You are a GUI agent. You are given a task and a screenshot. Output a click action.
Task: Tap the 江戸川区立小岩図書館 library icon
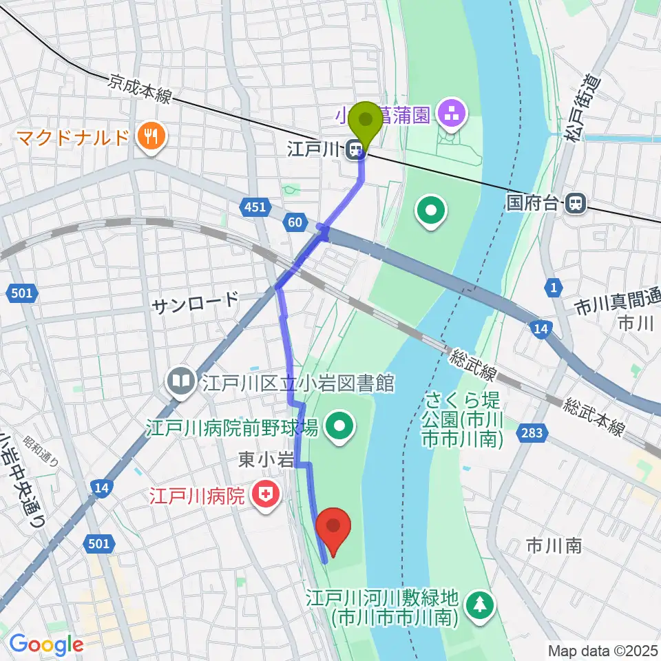(x=181, y=380)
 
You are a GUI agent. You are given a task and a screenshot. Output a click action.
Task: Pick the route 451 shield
(x=253, y=207)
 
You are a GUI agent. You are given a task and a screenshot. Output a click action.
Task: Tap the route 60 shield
(x=294, y=221)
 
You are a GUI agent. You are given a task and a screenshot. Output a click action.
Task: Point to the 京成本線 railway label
(x=139, y=90)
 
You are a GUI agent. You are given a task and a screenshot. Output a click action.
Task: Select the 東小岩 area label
(x=258, y=460)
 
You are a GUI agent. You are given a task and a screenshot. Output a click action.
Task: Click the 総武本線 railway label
(x=594, y=417)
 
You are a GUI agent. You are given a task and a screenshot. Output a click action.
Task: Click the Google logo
(x=46, y=644)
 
